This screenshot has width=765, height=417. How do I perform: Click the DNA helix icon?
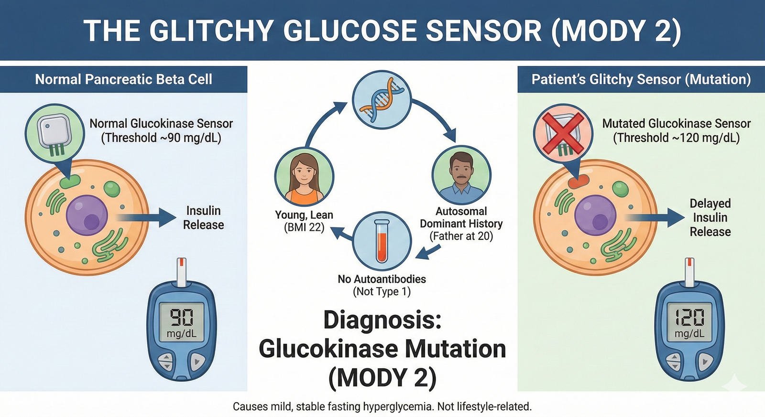click(x=382, y=99)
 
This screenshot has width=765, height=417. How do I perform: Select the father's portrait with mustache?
click(x=461, y=175)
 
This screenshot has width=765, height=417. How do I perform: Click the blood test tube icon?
click(x=382, y=241)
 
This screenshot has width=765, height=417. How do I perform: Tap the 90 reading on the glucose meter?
click(x=182, y=317)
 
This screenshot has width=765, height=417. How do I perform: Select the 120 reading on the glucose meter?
click(x=689, y=317)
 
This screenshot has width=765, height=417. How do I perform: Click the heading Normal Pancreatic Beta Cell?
click(x=123, y=79)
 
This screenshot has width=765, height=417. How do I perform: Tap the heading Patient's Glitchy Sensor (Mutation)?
click(x=641, y=79)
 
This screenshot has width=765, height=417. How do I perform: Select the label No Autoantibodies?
click(x=382, y=279)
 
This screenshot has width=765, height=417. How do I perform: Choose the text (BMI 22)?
click(x=304, y=227)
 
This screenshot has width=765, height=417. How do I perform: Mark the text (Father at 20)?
click(x=461, y=236)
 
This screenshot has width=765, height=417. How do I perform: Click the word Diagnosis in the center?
click(x=382, y=320)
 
